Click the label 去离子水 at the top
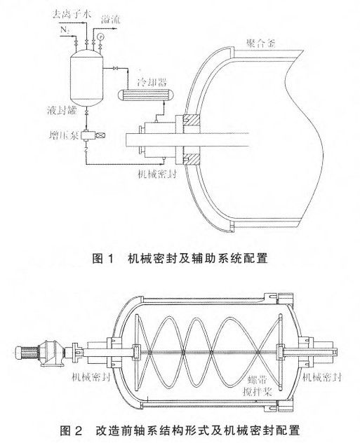[72, 14]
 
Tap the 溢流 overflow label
[111, 20]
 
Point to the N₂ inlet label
[65, 30]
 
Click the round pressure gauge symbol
[100, 36]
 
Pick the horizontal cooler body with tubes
[145, 95]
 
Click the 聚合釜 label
[261, 43]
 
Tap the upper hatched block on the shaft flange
[192, 120]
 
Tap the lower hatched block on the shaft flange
[192, 160]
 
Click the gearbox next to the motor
[51, 353]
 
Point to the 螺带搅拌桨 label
[257, 386]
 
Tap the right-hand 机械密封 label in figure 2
[322, 377]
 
